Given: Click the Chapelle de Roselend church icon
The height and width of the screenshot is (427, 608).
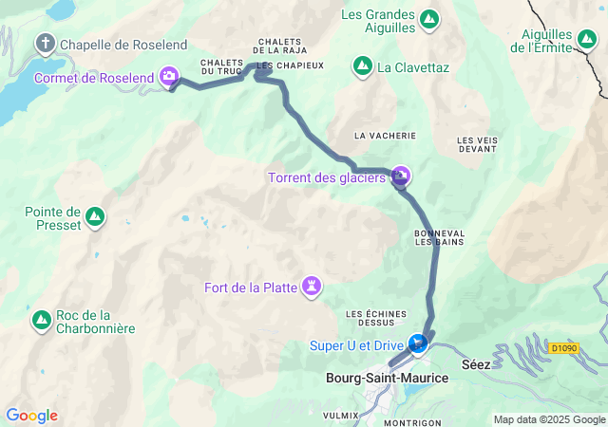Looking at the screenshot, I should coord(46,44).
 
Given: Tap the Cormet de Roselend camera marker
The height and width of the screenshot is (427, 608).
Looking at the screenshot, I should coord(169,75).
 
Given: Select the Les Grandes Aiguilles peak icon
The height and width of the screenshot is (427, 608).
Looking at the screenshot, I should coord(429,18).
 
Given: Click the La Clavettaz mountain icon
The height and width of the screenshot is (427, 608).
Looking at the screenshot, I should coord(362,66).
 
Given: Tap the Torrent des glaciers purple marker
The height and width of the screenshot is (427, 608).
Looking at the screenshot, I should coord(401,176).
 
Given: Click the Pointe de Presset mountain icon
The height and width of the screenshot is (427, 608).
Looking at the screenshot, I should coord(95,217).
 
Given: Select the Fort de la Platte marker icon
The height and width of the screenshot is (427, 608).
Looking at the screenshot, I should coord(312,286).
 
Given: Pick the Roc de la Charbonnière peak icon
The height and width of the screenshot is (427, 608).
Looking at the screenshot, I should coord(42,321).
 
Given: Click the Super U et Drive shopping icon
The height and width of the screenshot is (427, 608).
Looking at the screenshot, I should coord(417,343).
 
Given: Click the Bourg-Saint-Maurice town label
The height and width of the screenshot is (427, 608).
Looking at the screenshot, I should coord(387,378).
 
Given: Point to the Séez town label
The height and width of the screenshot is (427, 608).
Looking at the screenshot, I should coord(477,365).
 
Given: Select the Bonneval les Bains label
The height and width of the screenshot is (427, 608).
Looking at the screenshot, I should coord(439,237).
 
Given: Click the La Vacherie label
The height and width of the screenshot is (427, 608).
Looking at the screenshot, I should coord(380,136).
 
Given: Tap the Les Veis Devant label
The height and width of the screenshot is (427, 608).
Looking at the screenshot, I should coord(477,144).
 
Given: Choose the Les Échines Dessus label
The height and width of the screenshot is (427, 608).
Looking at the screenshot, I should coord(376,319).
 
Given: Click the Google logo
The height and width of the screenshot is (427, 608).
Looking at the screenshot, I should coord(31,416).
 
